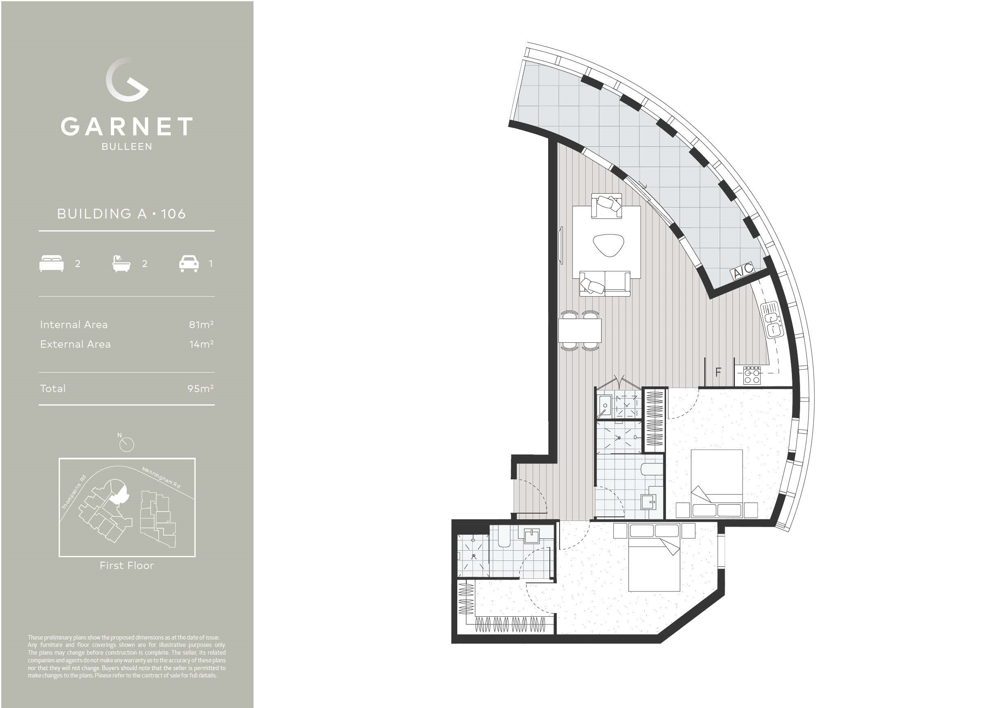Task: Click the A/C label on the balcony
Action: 743,271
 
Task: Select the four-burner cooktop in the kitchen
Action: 752,375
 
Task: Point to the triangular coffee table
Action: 609,245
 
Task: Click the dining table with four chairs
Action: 580,330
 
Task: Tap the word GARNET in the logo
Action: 126,127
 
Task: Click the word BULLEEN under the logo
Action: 127,147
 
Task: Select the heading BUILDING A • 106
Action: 121,214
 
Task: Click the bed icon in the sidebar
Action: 52,264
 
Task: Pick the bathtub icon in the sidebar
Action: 121,264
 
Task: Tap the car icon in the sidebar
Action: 189,264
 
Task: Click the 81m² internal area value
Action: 201,325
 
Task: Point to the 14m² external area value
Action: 201,344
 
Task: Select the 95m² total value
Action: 200,389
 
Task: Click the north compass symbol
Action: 126,444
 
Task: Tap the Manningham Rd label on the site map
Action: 161,477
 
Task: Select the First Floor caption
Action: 126,566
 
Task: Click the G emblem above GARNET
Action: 127,79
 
